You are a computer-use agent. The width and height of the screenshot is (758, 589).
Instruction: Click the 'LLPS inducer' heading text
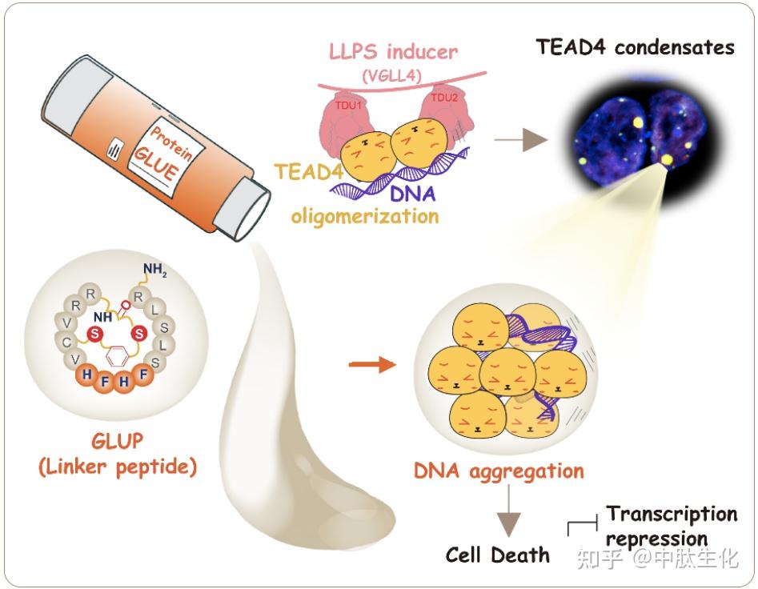point(393,52)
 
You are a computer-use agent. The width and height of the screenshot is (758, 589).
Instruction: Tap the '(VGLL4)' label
point(392,76)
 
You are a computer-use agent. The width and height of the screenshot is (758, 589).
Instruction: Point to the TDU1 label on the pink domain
point(348,104)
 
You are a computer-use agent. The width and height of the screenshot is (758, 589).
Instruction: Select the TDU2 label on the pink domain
point(444,98)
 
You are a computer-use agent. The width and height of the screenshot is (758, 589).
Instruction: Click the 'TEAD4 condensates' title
point(636,47)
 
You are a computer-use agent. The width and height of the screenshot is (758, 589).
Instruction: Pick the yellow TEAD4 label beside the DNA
point(308,171)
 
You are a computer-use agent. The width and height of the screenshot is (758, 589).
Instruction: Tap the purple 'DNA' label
point(412,194)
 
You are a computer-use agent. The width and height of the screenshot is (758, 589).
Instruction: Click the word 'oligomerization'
point(365,216)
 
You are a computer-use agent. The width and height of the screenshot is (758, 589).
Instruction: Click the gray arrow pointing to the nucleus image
point(520,140)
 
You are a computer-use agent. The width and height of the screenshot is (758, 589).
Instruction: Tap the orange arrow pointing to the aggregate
point(372,364)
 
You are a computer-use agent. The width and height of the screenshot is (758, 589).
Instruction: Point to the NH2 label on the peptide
point(154,270)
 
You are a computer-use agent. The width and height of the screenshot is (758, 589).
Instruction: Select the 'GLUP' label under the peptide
point(118,441)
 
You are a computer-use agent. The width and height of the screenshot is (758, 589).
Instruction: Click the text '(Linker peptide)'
point(118,467)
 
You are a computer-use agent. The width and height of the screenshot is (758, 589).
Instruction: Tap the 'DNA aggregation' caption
point(499,471)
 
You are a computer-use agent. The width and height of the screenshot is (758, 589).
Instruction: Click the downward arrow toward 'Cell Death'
point(508,511)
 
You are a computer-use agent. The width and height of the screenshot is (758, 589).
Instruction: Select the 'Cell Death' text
point(497,555)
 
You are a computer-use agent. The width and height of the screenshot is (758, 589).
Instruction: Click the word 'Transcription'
point(672,514)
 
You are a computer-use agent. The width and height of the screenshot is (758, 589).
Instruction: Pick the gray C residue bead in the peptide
point(66,343)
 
